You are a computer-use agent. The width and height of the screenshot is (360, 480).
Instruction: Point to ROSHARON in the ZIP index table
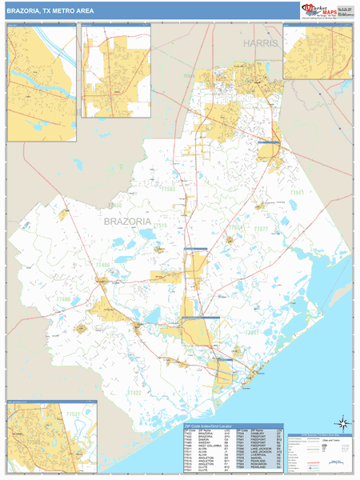coord(259,464)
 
